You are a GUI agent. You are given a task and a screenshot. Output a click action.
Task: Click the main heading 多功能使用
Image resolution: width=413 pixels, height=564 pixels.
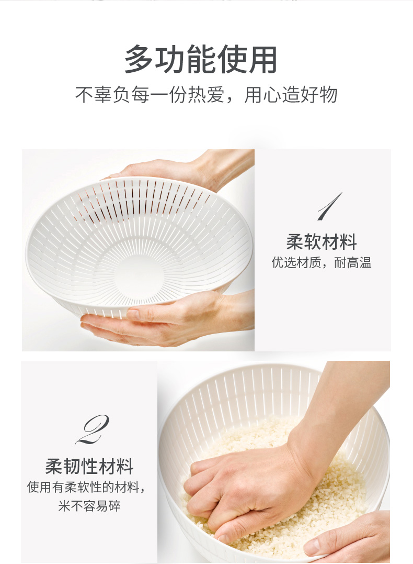pyautogui.click(x=201, y=59)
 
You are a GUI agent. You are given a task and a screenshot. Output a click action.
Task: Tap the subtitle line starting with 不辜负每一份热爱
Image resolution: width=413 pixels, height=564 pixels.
pyautogui.click(x=206, y=95)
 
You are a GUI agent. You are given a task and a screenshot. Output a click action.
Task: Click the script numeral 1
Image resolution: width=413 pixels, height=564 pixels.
pyautogui.click(x=329, y=206)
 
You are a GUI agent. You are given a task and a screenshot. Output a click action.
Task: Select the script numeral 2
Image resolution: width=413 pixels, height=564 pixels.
pyautogui.click(x=93, y=429)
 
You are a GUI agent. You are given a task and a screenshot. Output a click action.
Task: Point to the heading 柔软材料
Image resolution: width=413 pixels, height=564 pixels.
pyautogui.click(x=322, y=242)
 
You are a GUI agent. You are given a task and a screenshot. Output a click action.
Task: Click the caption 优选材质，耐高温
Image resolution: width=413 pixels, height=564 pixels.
pyautogui.click(x=322, y=262)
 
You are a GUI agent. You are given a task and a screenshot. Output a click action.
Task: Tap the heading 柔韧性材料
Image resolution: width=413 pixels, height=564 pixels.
pyautogui.click(x=89, y=467)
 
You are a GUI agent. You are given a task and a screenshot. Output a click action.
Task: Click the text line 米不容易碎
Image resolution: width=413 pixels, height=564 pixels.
pyautogui.click(x=89, y=506)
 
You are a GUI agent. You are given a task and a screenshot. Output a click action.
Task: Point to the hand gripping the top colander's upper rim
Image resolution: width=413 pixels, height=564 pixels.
pyautogui.click(x=187, y=169)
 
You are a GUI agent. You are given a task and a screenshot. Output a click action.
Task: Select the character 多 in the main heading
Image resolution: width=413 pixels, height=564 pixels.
pyautogui.click(x=139, y=59)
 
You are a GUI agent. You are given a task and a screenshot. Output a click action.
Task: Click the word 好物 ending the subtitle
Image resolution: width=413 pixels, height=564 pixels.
pyautogui.click(x=319, y=95)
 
